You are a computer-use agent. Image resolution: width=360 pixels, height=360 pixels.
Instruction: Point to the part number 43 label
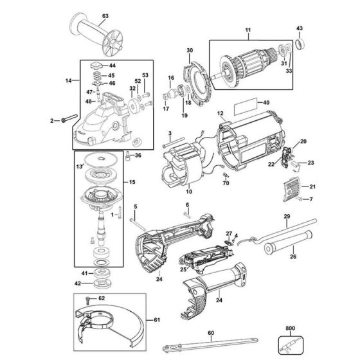click(x=300, y=28)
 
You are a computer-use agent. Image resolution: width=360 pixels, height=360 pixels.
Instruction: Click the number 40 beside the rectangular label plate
click(x=267, y=102)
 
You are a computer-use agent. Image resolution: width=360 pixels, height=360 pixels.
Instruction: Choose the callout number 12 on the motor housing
click(x=220, y=113)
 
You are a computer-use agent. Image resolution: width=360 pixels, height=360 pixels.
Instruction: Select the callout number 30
click(x=190, y=50)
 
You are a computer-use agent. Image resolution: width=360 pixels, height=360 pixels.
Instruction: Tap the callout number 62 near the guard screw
click(x=102, y=299)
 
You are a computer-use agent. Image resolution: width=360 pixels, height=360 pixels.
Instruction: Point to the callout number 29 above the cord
click(x=287, y=217)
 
